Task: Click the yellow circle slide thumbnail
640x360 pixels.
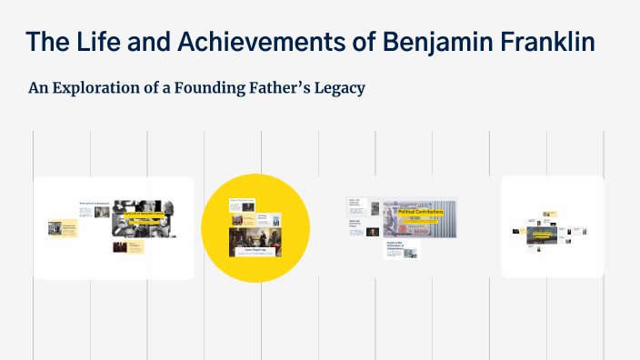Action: (255, 227)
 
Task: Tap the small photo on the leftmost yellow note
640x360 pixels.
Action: (55, 227)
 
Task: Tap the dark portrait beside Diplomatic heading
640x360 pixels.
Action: (373, 230)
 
